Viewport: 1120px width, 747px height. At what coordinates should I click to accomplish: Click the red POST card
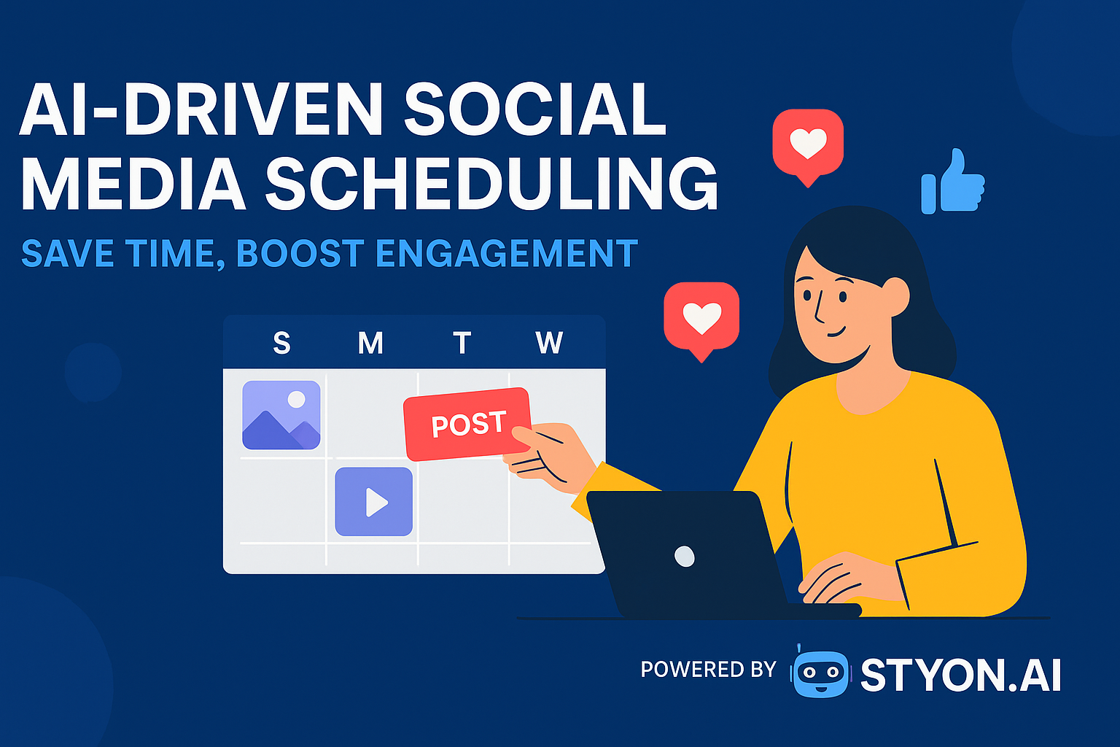467,424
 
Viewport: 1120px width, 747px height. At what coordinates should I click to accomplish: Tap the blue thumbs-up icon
952,182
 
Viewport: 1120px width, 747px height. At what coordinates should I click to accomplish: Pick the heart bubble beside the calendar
701,317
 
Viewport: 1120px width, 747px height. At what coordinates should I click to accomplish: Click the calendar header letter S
281,343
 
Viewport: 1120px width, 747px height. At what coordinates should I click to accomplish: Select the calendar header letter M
370,343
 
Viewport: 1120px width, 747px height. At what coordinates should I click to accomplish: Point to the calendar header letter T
462,343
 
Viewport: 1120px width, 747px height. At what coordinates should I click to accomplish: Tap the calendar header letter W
549,343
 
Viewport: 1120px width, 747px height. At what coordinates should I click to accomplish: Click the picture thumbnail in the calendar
281,414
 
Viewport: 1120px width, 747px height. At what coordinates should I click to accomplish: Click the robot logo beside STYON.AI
820,673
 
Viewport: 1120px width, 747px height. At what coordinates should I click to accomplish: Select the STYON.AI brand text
960,676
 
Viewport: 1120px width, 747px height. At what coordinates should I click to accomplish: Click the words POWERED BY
708,669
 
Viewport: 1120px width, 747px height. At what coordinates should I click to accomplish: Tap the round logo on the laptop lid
685,557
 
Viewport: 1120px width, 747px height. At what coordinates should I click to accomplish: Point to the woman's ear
895,297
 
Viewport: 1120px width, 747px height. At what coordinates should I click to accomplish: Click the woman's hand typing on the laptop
846,576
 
